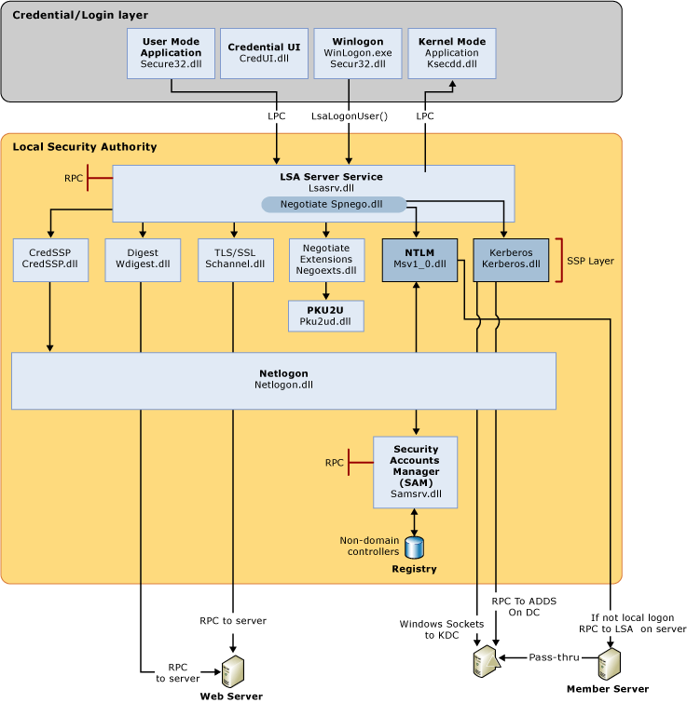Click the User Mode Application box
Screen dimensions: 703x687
(x=171, y=53)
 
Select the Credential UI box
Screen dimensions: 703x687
(x=264, y=53)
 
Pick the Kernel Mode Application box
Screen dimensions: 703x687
(x=452, y=53)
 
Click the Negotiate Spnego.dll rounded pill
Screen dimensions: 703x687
(x=332, y=204)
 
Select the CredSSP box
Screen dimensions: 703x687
(x=50, y=260)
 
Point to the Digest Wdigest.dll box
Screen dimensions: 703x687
(x=143, y=260)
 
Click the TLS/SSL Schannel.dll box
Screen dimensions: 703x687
(x=235, y=260)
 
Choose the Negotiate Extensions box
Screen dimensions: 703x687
(x=326, y=260)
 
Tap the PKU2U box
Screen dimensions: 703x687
(x=326, y=317)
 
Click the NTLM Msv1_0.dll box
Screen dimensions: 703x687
(x=419, y=260)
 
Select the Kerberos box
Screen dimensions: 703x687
(x=511, y=260)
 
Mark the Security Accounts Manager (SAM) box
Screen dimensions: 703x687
(x=416, y=472)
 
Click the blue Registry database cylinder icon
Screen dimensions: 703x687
(x=414, y=548)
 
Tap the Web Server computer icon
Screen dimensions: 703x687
(x=232, y=669)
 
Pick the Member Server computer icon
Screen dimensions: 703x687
(x=609, y=664)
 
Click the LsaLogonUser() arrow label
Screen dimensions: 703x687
(x=350, y=116)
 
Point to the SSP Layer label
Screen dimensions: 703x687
(x=590, y=261)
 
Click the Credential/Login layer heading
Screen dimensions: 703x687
(x=79, y=16)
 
